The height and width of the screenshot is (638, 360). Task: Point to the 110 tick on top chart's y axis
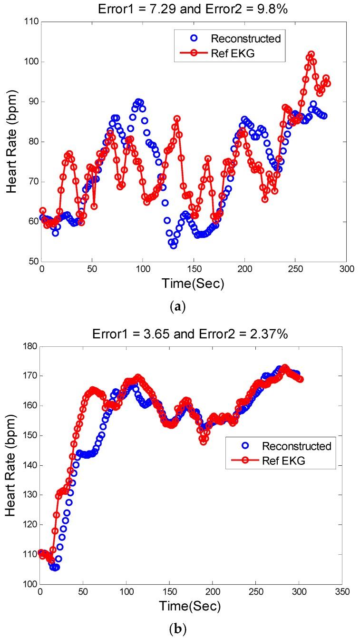[30, 22]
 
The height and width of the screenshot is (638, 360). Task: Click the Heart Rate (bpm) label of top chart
[12, 141]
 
